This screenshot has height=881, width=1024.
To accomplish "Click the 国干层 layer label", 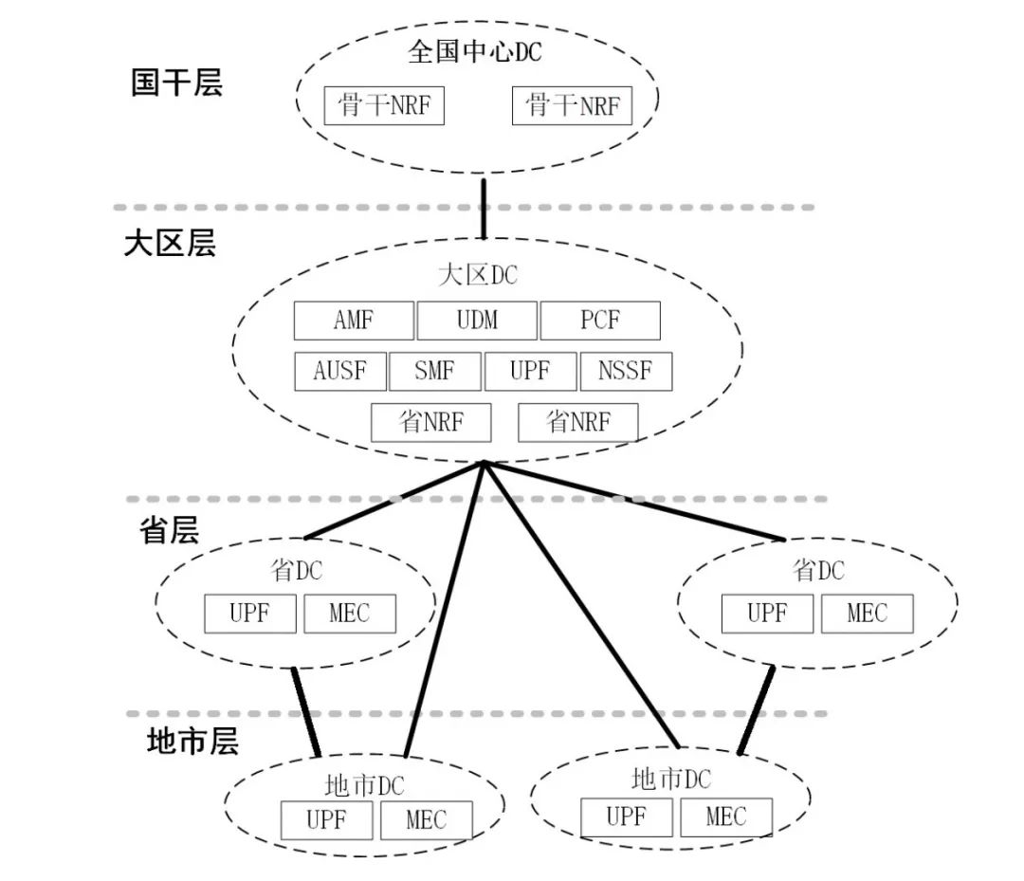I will click(176, 83).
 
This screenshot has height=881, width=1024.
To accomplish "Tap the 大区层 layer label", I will click(170, 244).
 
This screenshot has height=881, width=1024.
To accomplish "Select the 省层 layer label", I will click(169, 531).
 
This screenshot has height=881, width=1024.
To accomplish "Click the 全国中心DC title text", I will click(475, 51).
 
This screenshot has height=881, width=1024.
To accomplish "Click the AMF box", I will click(354, 321).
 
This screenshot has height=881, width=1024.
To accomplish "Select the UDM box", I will click(477, 321).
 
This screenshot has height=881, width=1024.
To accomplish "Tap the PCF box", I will click(600, 321).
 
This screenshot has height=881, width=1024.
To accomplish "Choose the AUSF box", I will click(340, 371).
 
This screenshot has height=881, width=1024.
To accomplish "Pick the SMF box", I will click(435, 371).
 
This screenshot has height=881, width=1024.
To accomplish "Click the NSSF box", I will click(626, 371).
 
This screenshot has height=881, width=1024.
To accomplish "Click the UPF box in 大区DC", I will click(530, 371).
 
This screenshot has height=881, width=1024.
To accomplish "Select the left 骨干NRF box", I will click(384, 105).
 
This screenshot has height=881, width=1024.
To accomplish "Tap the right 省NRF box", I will click(578, 422).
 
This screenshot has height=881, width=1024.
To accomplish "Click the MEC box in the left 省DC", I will click(350, 614).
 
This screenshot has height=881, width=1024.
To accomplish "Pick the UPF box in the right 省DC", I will click(767, 614).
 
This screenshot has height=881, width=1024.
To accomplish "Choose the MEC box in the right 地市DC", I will click(726, 817).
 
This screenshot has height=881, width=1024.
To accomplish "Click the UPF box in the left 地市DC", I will click(327, 820).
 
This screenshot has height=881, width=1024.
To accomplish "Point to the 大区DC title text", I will click(478, 276).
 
